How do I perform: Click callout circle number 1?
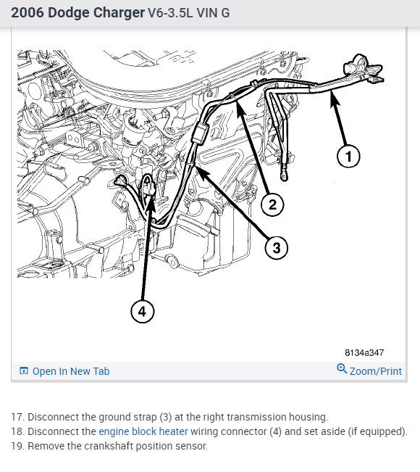coord(348,156)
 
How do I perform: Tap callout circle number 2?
coord(272,204)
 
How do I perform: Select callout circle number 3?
coord(277,248)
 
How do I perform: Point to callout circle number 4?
coord(142,311)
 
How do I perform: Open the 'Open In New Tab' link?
coord(71,371)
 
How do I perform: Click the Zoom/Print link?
coord(376,371)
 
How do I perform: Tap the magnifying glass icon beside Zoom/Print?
coord(342,368)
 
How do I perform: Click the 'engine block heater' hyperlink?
coord(143,431)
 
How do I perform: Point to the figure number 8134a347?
coord(364,352)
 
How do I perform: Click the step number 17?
coord(17,417)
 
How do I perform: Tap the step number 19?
coord(17,446)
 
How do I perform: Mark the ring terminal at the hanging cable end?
coord(284,175)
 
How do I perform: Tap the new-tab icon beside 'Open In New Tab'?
coord(24,370)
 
